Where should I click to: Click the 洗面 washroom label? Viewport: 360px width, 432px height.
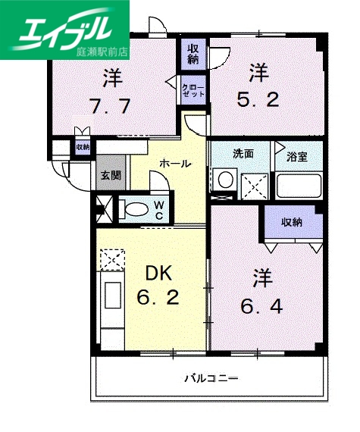pyautogui.click(x=243, y=154)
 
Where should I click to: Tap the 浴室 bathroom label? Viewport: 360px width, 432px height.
pyautogui.click(x=297, y=158)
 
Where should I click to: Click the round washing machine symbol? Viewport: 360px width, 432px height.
pyautogui.click(x=224, y=180)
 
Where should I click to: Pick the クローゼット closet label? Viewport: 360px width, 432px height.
pyautogui.click(x=190, y=92)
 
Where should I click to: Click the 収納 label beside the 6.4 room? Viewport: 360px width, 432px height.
pyautogui.click(x=292, y=223)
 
